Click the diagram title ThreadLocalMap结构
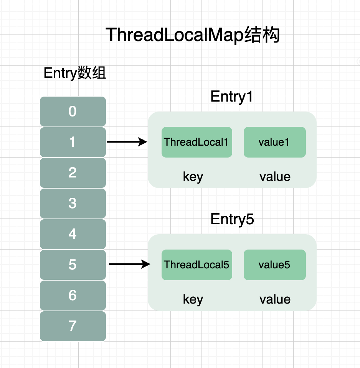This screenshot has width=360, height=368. tap(192, 35)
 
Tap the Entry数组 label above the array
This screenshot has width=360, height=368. tap(75, 73)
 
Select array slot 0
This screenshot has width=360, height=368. tap(73, 112)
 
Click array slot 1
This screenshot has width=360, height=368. tap(73, 142)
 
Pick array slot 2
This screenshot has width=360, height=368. tap(73, 173)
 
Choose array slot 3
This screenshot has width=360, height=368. tap(73, 204)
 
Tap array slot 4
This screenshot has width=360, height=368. tap(73, 234)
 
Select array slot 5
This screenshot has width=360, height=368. tap(73, 265)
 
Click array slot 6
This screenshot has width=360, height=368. tap(73, 296)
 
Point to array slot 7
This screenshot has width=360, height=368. tap(73, 326)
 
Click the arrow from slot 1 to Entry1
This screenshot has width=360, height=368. tap(127, 142)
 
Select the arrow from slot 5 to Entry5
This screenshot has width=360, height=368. tap(129, 264)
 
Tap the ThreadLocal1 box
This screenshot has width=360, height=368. tap(197, 142)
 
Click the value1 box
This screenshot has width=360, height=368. tap(275, 142)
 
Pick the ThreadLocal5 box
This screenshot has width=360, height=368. tap(197, 265)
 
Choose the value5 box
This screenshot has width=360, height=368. tap(275, 265)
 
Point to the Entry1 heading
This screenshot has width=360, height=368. tap(231, 97)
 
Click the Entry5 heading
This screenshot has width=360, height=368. tap(232, 219)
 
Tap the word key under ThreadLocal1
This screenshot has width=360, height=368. tap(193, 177)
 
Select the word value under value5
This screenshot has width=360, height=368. tap(275, 299)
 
